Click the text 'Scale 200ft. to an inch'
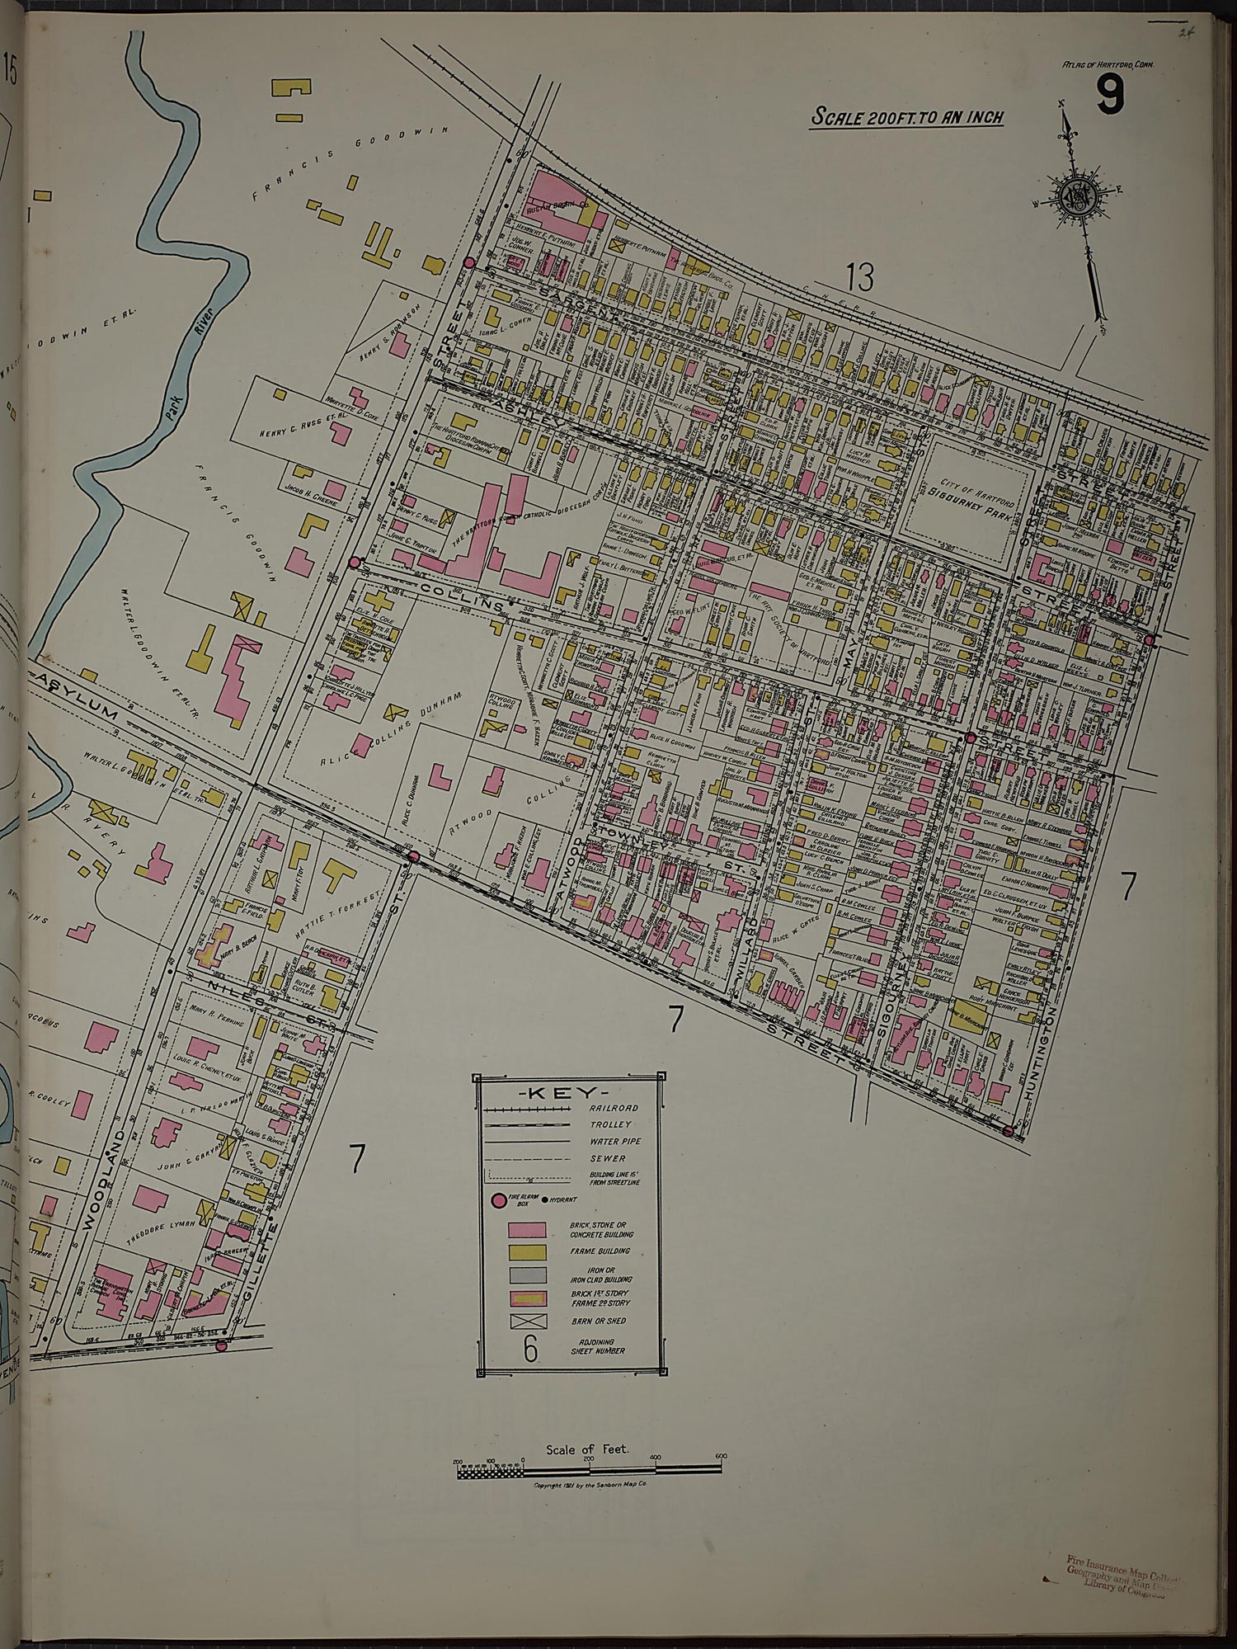[x=907, y=116]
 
